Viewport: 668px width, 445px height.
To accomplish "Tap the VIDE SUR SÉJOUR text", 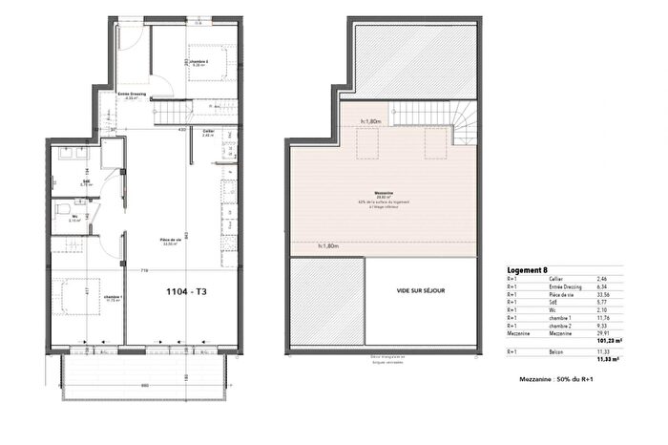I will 419,290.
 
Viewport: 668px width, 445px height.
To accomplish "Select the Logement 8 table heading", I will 528,270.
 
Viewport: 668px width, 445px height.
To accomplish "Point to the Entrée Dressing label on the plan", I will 132,95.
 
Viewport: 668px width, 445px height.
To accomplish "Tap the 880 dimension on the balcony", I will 142,385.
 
